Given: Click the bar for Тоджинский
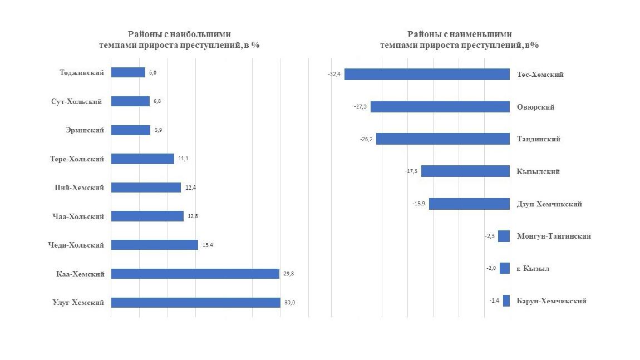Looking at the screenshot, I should tap(128, 72).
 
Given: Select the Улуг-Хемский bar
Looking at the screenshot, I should tap(195, 303).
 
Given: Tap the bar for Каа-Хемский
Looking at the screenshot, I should tap(195, 274).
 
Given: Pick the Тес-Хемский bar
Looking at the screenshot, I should tap(427, 75).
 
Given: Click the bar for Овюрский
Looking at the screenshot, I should tap(440, 107).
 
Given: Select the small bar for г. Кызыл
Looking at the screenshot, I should tap(505, 269).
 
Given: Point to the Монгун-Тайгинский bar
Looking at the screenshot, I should tap(504, 236).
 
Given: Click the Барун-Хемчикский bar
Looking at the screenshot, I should tap(506, 301).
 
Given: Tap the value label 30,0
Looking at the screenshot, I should tap(290, 303).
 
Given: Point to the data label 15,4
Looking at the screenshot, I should tap(208, 245).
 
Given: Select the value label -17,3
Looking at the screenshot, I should tap(411, 171).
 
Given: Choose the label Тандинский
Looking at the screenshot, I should tap(538, 139).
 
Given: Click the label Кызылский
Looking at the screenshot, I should tap(538, 171).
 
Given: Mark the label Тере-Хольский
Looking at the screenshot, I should tap(77, 159).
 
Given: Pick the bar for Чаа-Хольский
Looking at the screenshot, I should tap(147, 216).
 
